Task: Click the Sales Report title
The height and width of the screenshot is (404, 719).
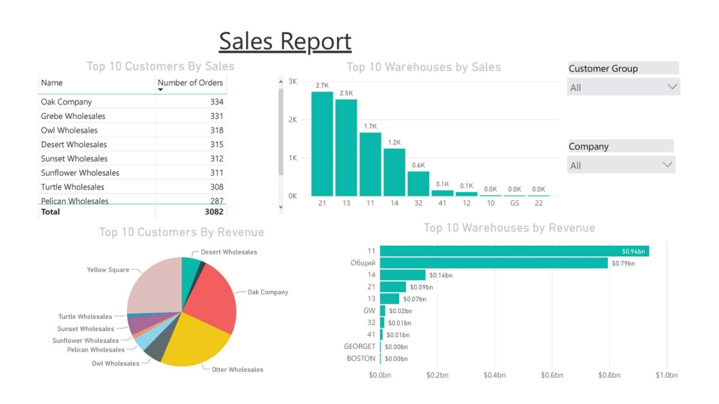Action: (285, 42)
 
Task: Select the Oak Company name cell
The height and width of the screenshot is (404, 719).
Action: (66, 102)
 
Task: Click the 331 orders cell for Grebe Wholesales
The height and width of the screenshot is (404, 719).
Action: (217, 116)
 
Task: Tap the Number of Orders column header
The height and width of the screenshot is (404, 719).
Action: (190, 82)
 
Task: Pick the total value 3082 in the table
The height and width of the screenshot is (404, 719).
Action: (214, 212)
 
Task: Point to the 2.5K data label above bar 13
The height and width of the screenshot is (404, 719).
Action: (346, 93)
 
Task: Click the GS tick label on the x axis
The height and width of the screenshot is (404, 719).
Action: (515, 203)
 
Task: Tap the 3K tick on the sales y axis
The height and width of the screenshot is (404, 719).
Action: (292, 81)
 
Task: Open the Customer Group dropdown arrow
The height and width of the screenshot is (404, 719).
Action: (672, 87)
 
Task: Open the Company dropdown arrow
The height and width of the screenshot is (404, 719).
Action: (667, 165)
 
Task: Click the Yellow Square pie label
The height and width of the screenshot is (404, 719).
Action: (108, 270)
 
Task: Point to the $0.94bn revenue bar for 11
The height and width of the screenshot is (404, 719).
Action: (514, 251)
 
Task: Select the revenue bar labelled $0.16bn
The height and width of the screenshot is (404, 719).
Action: (403, 275)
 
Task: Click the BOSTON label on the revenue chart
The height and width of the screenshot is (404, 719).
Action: (361, 359)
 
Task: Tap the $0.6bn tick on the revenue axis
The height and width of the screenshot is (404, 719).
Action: (552, 375)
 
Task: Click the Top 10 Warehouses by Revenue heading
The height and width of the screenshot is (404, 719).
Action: (509, 228)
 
